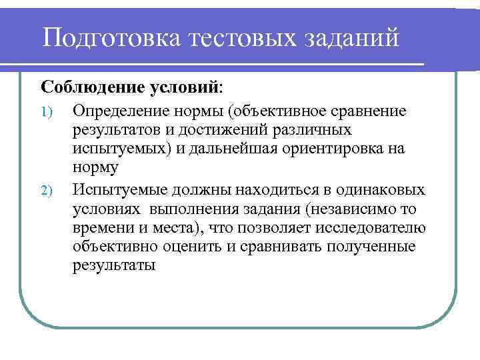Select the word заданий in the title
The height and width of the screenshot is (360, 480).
click(351, 37)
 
